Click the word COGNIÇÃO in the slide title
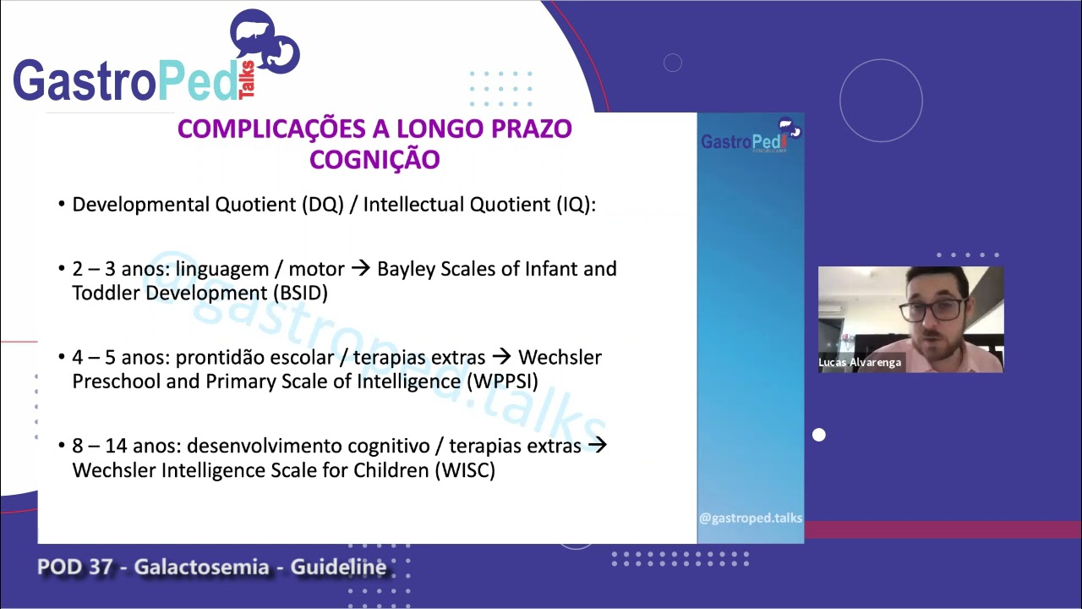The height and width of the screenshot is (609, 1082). tap(374, 159)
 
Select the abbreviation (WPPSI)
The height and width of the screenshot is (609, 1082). tap(501, 381)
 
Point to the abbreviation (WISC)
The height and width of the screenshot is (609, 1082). tap(464, 469)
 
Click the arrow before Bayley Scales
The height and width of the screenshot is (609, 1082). tap(361, 269)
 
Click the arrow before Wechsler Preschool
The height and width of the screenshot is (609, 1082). tap(502, 357)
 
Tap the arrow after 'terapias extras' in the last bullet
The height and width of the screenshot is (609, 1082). tap(597, 445)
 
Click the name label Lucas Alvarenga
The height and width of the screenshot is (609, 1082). tap(860, 362)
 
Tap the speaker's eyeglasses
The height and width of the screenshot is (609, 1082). tap(933, 310)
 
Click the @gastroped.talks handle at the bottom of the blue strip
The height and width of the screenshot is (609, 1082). tap(751, 518)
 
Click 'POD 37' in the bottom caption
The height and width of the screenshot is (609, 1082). tap(74, 567)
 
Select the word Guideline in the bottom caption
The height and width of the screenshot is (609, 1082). tap(338, 567)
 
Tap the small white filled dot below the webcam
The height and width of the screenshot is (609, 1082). tap(818, 435)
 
